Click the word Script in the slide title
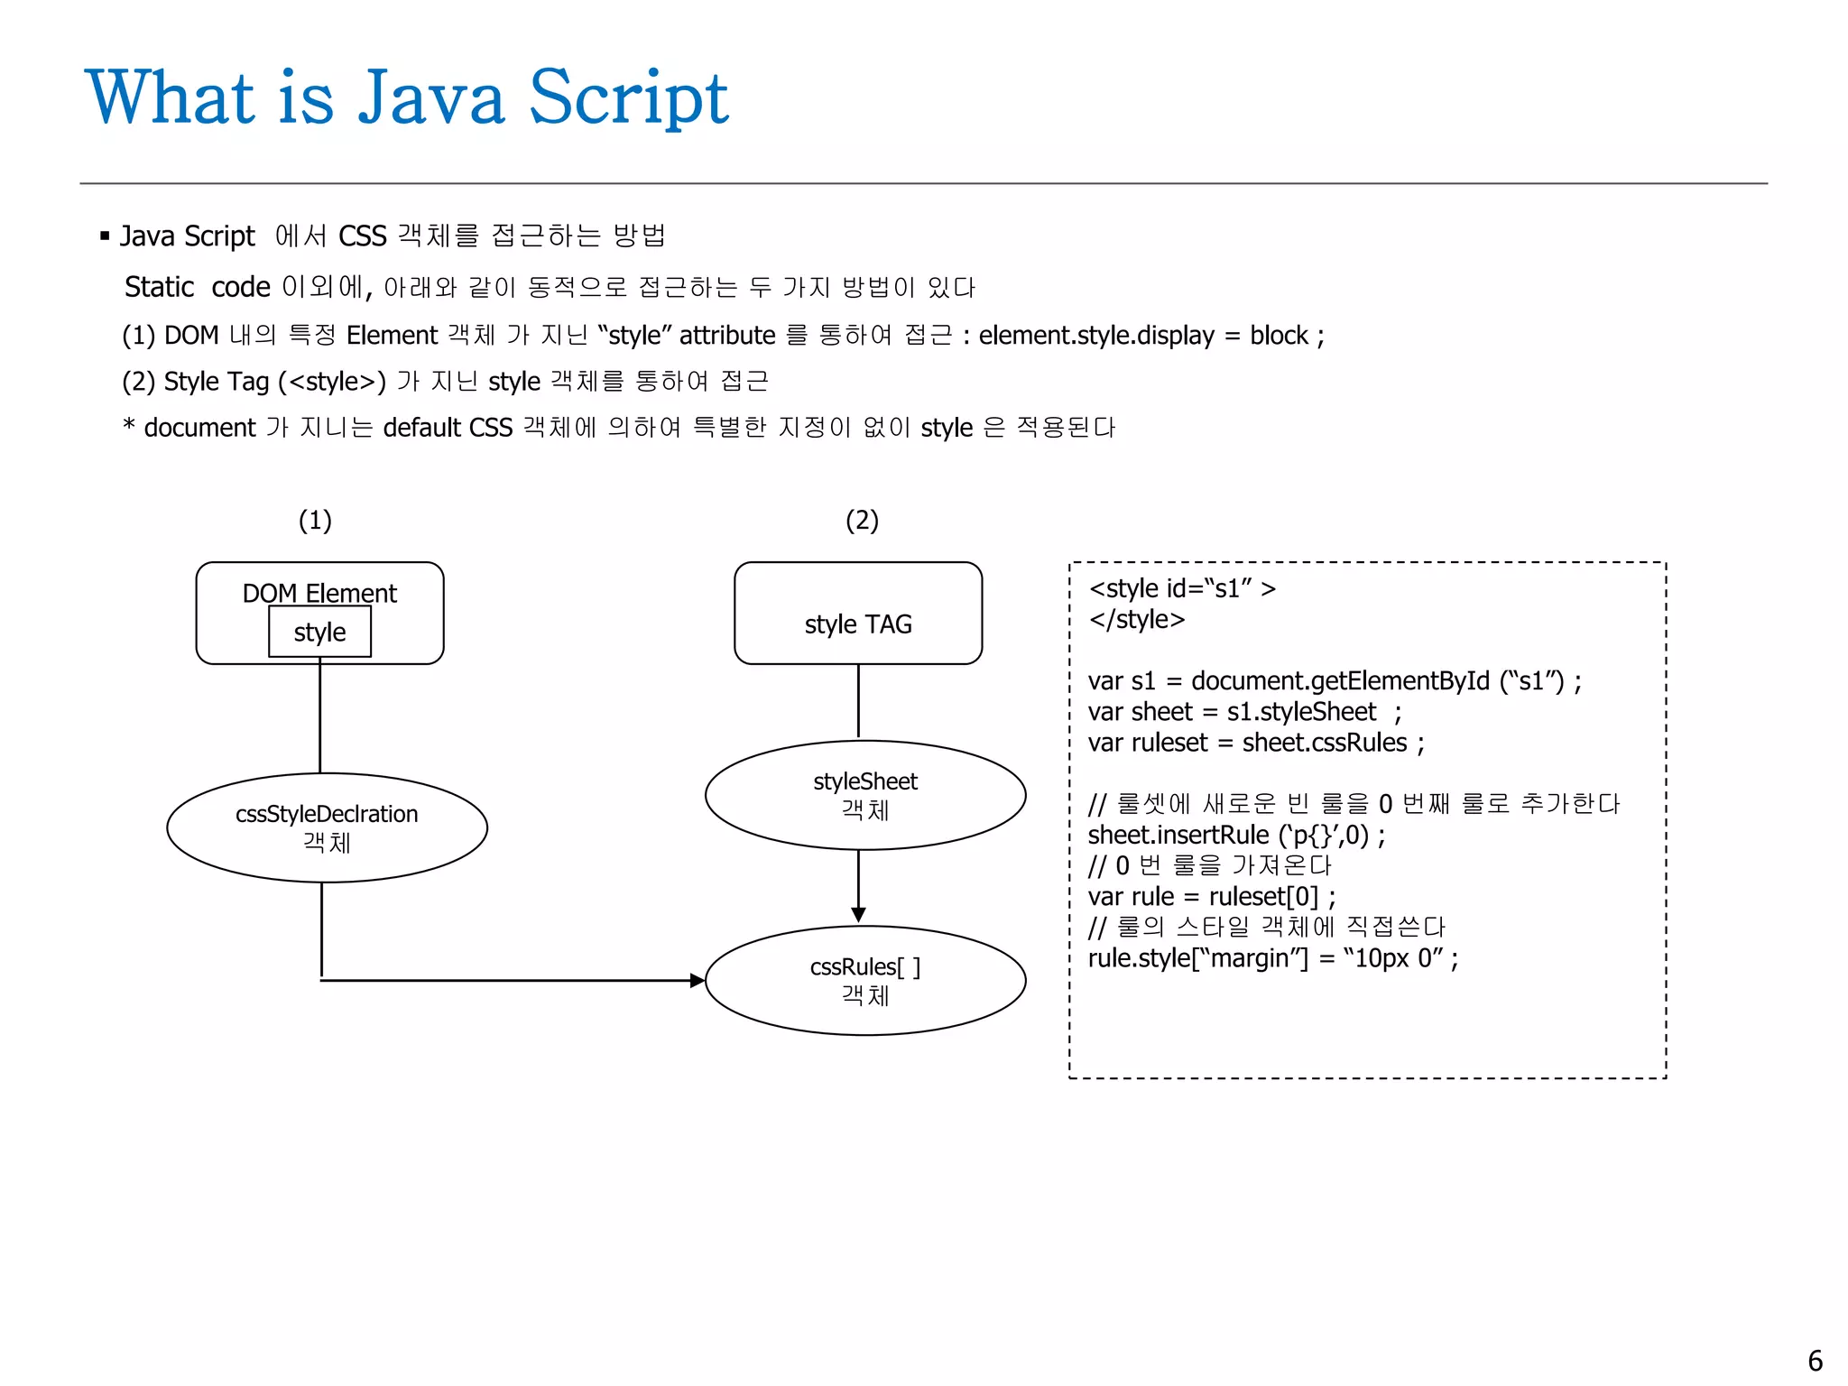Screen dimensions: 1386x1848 point(628,97)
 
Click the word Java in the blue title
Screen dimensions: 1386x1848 point(431,97)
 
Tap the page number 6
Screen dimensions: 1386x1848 point(1815,1361)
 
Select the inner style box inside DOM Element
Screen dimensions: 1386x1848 point(319,632)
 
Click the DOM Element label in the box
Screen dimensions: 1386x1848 point(319,593)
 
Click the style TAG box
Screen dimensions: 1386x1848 point(857,614)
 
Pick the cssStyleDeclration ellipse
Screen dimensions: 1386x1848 point(327,827)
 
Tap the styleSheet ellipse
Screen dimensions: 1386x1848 point(864,795)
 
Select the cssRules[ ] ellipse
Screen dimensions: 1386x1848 point(864,980)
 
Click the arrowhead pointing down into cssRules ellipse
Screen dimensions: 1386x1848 point(858,915)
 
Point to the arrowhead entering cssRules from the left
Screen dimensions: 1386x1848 point(697,980)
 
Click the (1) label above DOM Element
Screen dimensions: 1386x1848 point(315,520)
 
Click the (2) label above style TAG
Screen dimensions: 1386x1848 point(862,520)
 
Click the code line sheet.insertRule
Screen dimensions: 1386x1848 point(1236,835)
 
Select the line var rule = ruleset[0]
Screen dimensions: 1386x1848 point(1211,896)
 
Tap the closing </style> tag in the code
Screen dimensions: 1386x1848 point(1136,619)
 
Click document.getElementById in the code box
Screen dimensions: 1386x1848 point(1340,680)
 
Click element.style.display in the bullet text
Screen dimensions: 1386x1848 point(1096,336)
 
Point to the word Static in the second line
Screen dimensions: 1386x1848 point(159,287)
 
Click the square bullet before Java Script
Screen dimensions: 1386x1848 point(105,236)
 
